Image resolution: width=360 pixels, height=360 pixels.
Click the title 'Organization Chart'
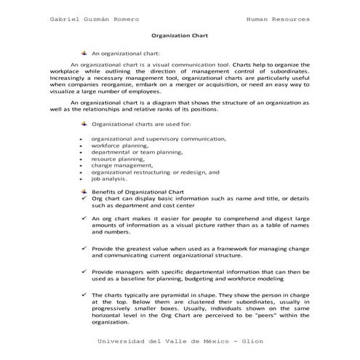point(180,34)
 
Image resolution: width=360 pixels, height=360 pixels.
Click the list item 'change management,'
point(119,165)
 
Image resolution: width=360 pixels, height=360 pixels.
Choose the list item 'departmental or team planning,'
point(137,152)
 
